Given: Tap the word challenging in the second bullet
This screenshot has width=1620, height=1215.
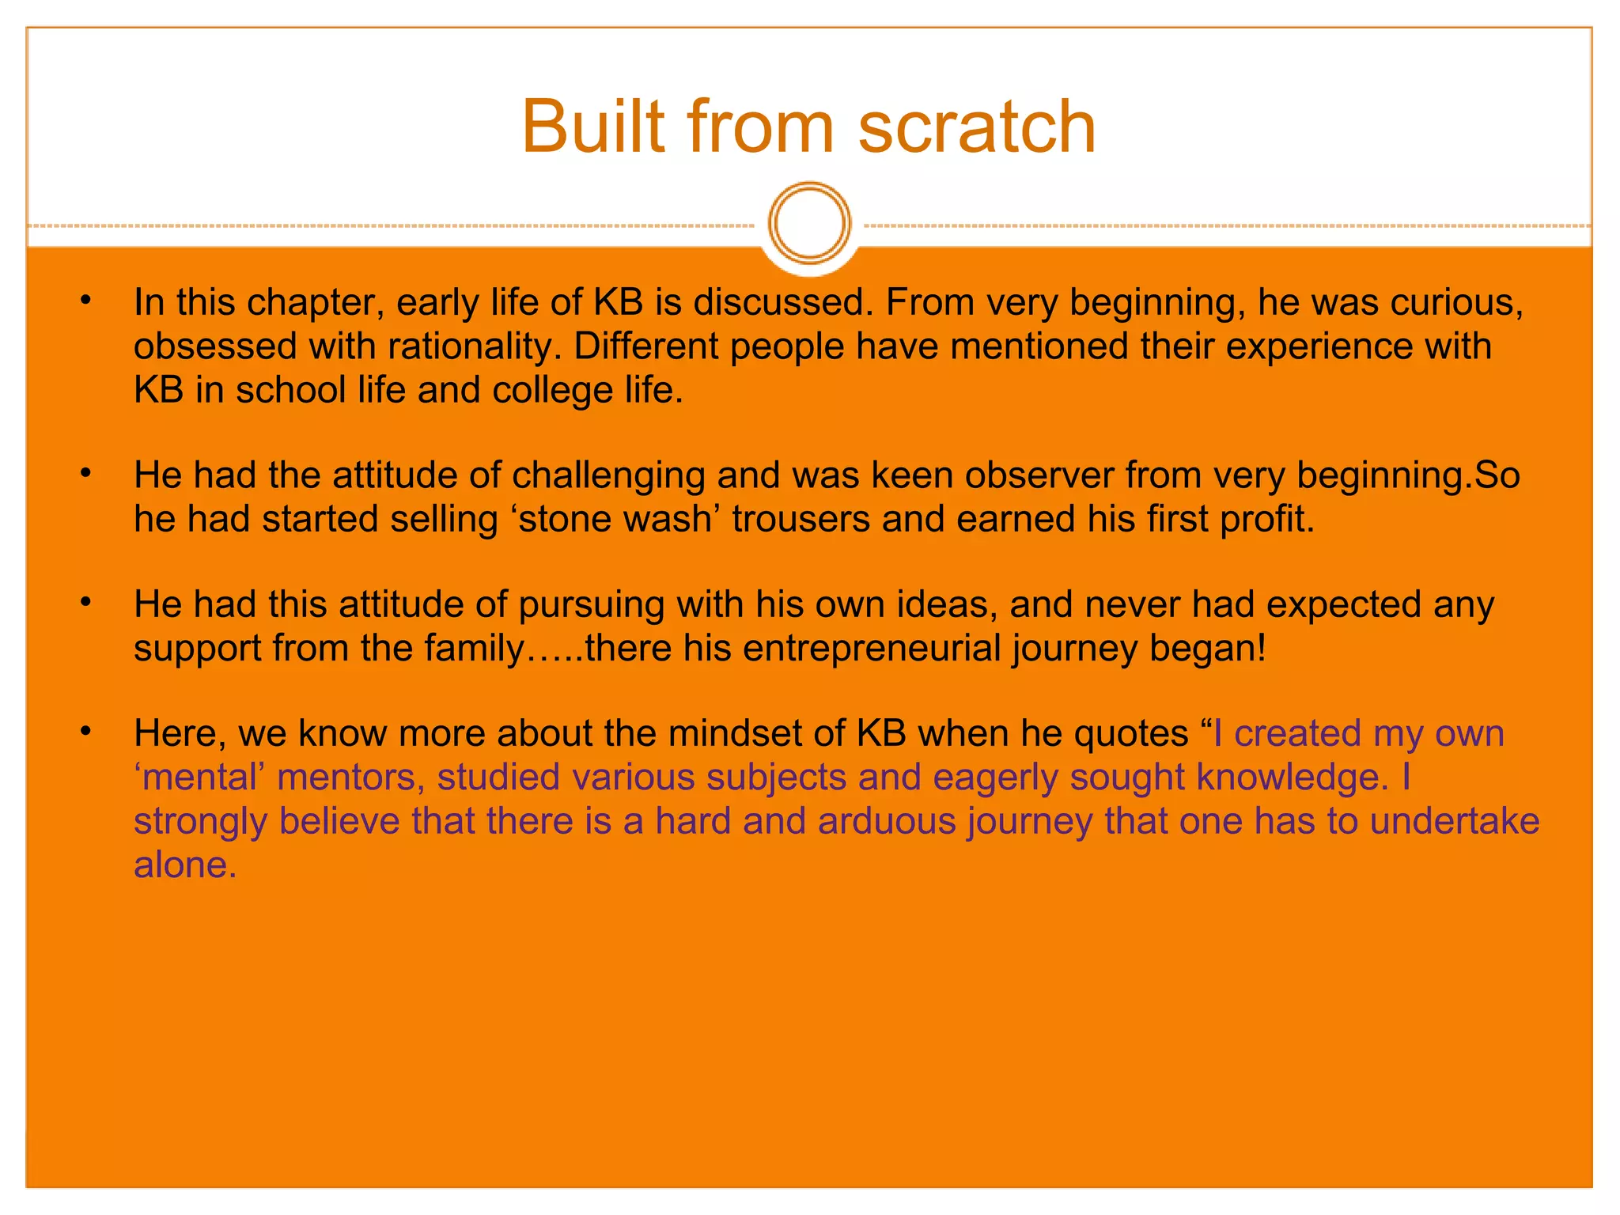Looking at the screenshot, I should pyautogui.click(x=608, y=475).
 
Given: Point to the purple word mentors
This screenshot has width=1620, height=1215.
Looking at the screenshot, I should pyautogui.click(x=346, y=778).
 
